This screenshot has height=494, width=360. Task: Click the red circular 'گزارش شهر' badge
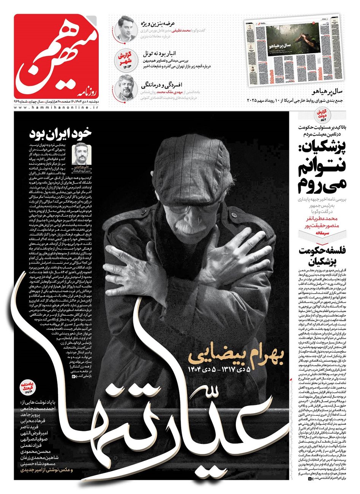pyautogui.click(x=125, y=59)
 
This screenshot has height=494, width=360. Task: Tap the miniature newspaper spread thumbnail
pyautogui.click(x=292, y=51)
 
